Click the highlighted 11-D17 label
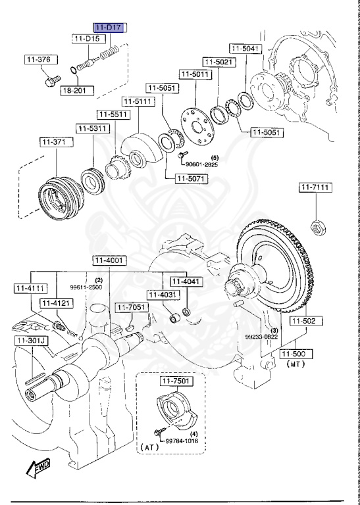[x=109, y=28]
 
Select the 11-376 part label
[x=38, y=60]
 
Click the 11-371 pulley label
[x=53, y=141]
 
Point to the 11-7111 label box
[x=316, y=188]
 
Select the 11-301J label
[x=28, y=340]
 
